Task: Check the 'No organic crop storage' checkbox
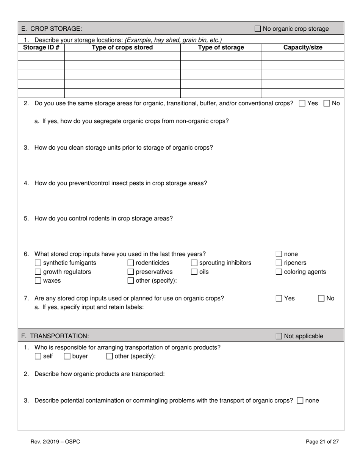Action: [258, 29]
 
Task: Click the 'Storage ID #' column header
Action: [41, 47]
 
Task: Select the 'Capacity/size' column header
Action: [303, 47]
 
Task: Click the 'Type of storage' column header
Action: [221, 47]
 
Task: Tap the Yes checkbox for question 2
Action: [302, 103]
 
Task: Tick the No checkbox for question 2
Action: [327, 103]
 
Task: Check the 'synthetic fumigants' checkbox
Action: [38, 263]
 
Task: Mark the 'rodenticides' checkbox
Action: [131, 263]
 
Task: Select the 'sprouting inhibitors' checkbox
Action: [194, 263]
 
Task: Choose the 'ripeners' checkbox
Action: [279, 263]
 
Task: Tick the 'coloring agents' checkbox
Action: [279, 272]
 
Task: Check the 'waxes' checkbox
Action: [38, 281]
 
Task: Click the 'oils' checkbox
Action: [194, 272]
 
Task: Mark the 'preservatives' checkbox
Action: [131, 272]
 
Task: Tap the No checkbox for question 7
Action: [321, 299]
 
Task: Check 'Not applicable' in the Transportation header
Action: [279, 336]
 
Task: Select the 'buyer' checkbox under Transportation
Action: [67, 356]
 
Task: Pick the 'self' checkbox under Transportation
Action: [38, 356]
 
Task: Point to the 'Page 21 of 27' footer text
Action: [322, 441]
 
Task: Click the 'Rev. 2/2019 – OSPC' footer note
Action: [55, 441]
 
